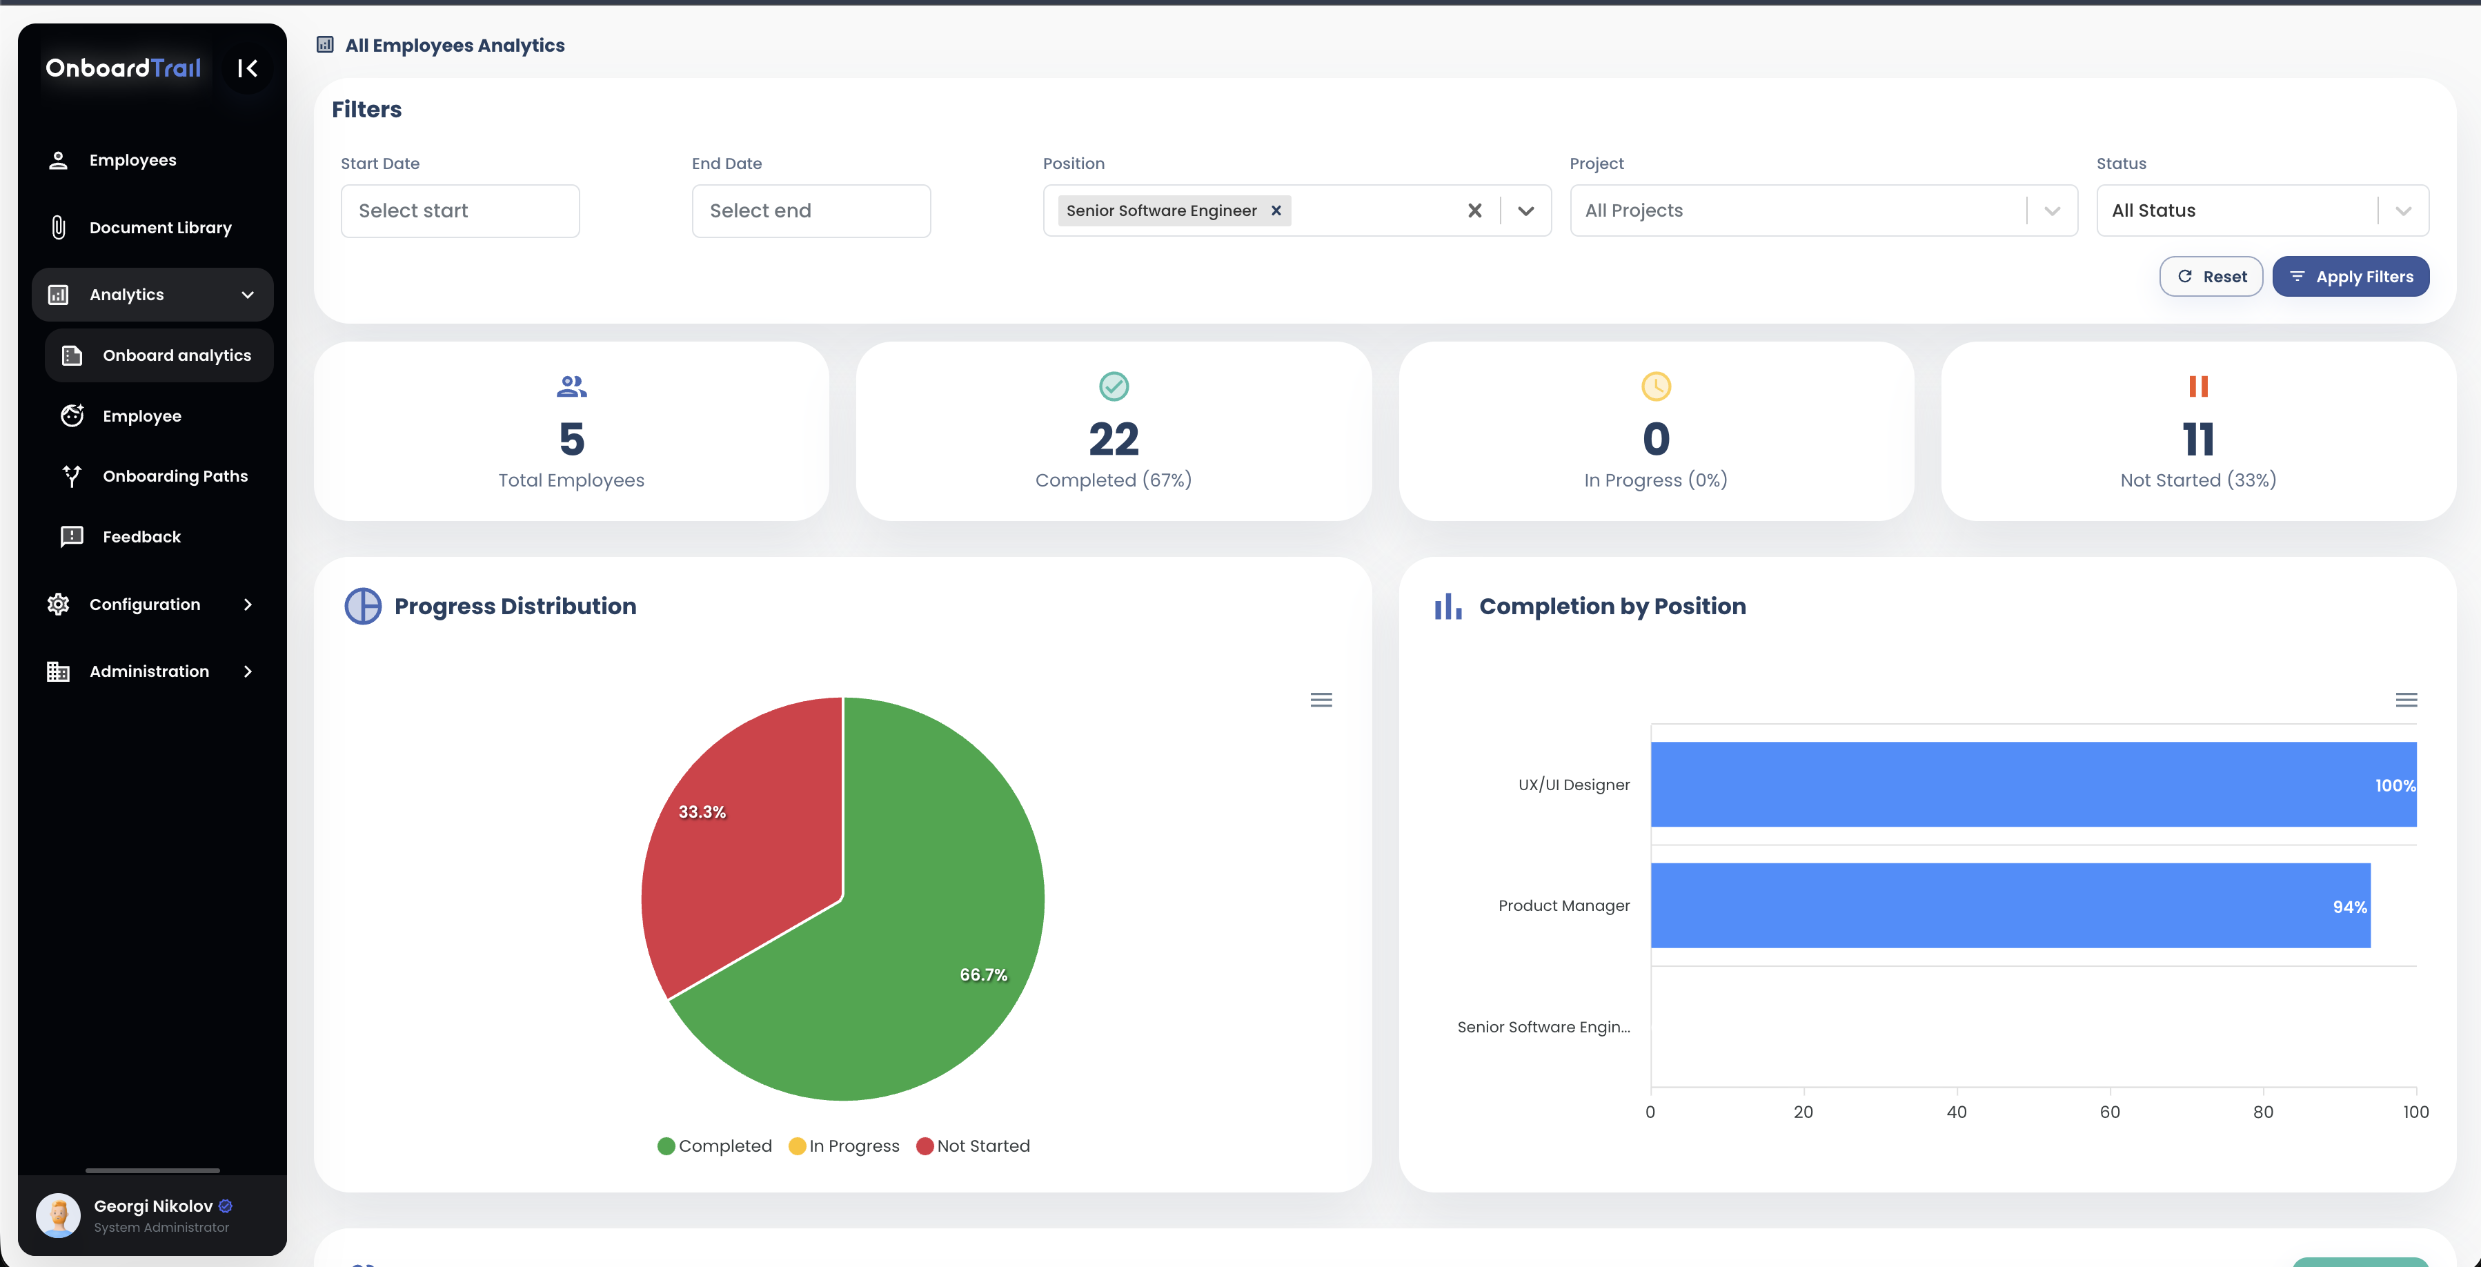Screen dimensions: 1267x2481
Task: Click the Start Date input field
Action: coord(459,210)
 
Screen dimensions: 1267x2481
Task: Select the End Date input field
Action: coord(810,210)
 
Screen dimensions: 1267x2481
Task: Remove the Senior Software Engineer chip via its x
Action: coord(1276,210)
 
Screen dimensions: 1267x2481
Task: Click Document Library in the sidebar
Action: coord(160,228)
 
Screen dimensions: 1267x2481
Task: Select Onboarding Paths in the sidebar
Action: coord(175,476)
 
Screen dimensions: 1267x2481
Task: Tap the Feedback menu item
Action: coord(141,537)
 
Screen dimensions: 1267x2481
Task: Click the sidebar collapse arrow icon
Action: coord(248,68)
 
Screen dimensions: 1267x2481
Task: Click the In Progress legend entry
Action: coord(844,1146)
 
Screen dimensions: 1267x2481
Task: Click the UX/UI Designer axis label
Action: coord(1574,785)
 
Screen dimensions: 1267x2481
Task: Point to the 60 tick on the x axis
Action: coord(2109,1112)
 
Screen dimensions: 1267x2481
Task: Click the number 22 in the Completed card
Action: coord(1114,440)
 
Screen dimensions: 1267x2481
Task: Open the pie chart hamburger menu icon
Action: coord(1321,700)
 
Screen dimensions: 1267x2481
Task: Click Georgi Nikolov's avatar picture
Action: coord(58,1215)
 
